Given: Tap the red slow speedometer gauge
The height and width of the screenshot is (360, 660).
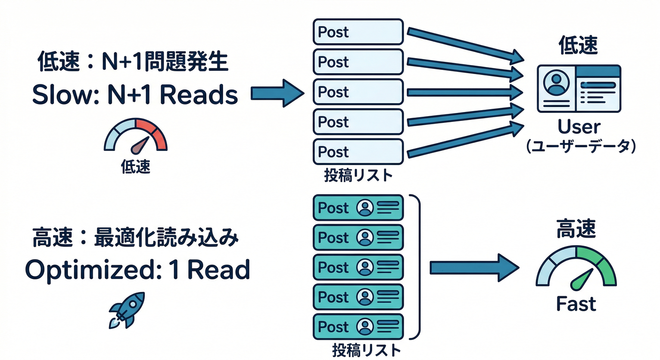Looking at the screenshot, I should point(135,136).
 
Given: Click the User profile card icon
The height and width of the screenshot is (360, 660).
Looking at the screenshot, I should point(578,89).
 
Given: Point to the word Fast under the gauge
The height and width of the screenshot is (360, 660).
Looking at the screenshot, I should point(576,304).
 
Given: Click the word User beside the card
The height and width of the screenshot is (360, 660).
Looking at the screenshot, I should point(578,127).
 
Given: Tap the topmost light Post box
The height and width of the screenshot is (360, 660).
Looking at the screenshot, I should point(358,32).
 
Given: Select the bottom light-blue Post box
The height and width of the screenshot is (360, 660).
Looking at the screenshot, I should point(358,152).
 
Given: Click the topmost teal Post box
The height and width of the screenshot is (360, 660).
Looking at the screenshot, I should point(358,208).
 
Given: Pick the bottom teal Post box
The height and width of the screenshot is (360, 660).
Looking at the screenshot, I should point(358,327).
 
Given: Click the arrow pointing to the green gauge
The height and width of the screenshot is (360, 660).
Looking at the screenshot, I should point(474,268).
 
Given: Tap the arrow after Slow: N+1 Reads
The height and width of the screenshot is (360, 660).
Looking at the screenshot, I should point(277,93).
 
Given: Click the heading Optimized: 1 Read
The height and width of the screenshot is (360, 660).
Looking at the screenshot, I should point(137,270).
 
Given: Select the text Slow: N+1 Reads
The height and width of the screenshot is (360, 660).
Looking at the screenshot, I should point(135,95).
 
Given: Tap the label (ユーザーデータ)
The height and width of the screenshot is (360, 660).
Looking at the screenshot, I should point(580,147).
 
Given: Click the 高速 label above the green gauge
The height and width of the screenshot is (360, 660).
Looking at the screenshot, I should point(576,229).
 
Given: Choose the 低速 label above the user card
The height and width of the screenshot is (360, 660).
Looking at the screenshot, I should point(578,46).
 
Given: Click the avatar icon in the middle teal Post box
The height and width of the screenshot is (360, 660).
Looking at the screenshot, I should point(365,267).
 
